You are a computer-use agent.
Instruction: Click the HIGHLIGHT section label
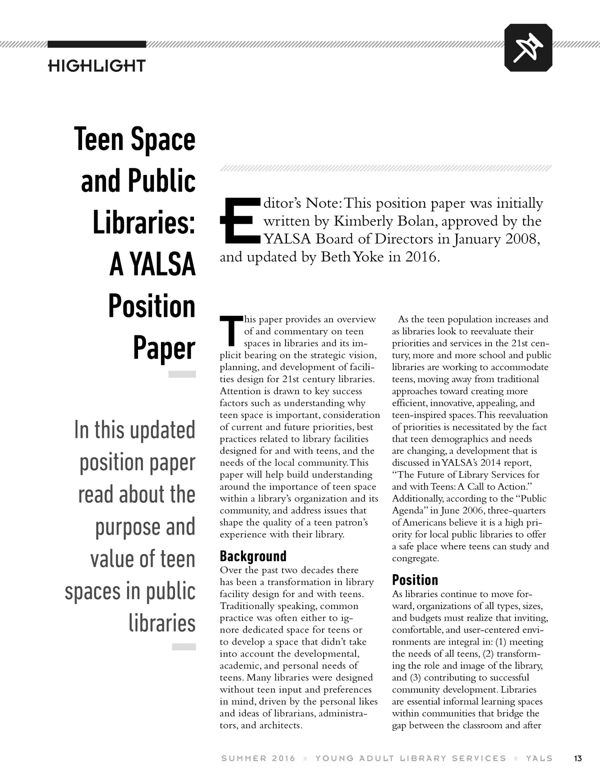click(x=96, y=65)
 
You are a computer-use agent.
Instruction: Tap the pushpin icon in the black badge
click(x=528, y=47)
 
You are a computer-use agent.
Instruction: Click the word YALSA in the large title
click(x=162, y=265)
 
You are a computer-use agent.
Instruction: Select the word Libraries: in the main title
click(x=143, y=223)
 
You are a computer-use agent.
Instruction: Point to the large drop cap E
click(x=239, y=221)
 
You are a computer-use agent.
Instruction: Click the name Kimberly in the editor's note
click(x=361, y=221)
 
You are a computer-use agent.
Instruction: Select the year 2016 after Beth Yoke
click(x=421, y=257)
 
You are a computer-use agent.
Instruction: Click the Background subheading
click(x=253, y=556)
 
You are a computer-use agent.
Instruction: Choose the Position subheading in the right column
click(x=414, y=580)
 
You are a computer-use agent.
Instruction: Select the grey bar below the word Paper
click(x=181, y=374)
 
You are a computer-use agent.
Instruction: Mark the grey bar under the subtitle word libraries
click(x=183, y=647)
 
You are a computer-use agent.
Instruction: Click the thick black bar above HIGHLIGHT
click(x=96, y=44)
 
